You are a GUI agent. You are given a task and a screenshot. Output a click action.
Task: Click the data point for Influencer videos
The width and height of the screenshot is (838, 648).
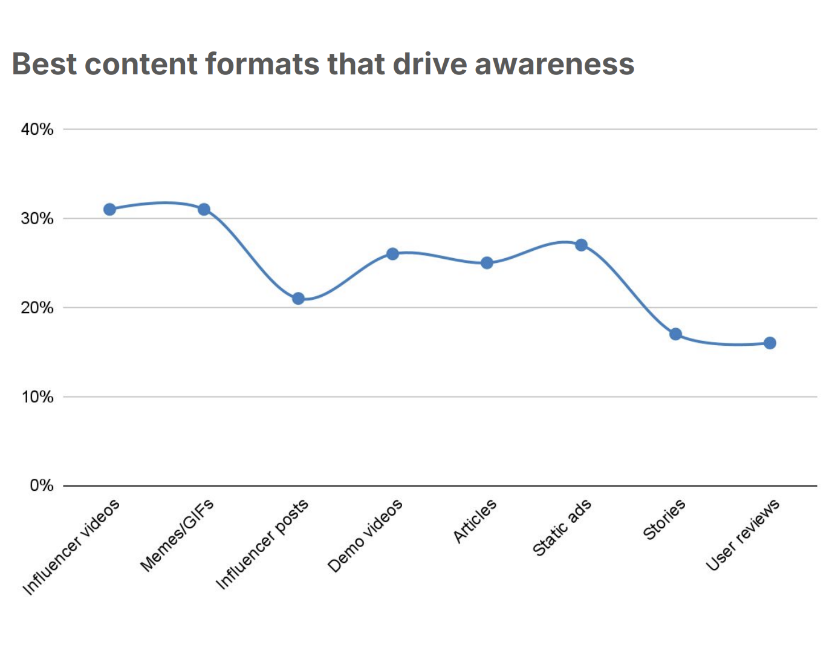(109, 209)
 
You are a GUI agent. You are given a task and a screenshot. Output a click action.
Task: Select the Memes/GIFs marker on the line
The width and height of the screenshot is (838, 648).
(204, 209)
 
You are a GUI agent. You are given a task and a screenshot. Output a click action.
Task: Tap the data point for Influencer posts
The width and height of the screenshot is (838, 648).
(298, 299)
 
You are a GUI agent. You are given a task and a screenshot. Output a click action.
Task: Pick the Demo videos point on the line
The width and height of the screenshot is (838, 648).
(392, 254)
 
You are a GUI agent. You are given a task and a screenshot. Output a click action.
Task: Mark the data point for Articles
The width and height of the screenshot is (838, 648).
(487, 263)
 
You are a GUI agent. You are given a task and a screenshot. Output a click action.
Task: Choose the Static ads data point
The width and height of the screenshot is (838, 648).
(581, 245)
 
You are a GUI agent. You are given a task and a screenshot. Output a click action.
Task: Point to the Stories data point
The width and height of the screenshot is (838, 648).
(675, 334)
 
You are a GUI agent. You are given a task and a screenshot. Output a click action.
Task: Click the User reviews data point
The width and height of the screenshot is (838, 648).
(770, 343)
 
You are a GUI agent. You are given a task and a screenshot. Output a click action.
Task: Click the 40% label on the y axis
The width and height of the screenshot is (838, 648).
(37, 129)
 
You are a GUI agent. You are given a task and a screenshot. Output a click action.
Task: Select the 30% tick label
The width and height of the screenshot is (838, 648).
(37, 219)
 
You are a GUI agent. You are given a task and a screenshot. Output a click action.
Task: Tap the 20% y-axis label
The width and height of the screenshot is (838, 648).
(37, 308)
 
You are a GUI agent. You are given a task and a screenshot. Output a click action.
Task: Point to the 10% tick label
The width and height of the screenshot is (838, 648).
(37, 397)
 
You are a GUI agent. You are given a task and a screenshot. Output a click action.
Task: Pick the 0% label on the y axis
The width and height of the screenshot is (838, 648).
(41, 486)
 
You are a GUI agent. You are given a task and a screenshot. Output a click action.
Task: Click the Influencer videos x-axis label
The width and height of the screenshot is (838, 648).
(71, 547)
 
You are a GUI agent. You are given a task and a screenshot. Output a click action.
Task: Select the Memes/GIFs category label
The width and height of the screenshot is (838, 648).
(177, 536)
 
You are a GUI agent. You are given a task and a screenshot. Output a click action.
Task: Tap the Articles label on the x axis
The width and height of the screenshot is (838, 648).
(475, 520)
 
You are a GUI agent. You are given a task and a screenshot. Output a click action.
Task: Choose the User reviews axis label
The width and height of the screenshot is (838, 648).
(742, 535)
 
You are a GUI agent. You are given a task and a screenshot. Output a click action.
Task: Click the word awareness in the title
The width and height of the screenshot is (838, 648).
(554, 64)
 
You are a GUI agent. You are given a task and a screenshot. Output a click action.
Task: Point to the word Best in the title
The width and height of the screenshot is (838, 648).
(45, 64)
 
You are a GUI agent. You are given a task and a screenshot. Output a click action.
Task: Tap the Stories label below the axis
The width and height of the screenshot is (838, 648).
(664, 519)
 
